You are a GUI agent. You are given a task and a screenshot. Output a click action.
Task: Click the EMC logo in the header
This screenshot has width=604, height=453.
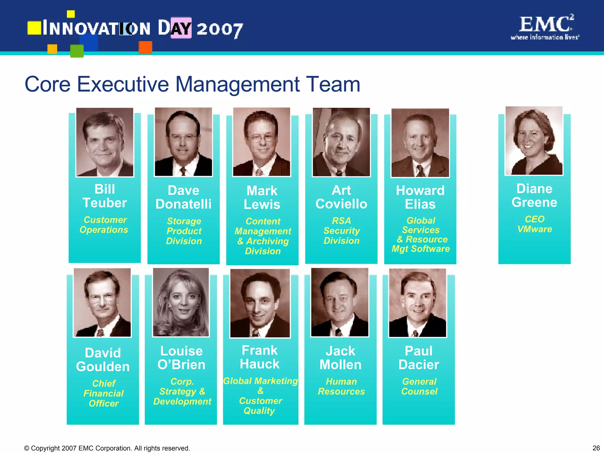[x=545, y=27]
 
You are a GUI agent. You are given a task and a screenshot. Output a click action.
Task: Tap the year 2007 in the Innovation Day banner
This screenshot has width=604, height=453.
[x=220, y=29]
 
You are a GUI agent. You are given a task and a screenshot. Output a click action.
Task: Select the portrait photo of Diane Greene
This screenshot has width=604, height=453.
[x=534, y=141]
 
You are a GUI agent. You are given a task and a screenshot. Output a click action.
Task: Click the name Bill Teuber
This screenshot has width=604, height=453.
[x=105, y=196]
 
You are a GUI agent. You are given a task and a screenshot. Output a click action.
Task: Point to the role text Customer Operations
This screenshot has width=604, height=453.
[x=104, y=225]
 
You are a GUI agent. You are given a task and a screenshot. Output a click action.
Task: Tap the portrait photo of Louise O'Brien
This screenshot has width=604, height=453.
[x=181, y=302]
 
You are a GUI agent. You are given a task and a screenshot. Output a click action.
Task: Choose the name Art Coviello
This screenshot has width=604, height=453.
[x=341, y=197]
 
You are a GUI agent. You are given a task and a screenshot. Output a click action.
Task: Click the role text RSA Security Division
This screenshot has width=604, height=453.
[x=342, y=231]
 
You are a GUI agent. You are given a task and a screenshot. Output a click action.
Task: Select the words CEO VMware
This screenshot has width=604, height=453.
[x=534, y=224]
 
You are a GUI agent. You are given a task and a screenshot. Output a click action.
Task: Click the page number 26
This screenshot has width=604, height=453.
[x=596, y=448]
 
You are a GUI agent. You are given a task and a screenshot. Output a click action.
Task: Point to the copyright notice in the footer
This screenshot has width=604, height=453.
[x=107, y=448]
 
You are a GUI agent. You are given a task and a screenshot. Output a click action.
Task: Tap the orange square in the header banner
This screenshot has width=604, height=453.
[x=145, y=47]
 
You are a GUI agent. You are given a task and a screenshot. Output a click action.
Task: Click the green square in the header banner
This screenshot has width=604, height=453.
[x=77, y=51]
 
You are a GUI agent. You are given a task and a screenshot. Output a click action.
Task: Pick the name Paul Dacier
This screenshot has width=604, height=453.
[x=418, y=358]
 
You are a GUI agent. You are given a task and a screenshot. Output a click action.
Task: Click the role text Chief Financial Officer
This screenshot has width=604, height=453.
[x=104, y=393]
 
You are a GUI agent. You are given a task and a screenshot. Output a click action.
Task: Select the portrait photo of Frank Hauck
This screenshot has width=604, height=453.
[x=260, y=303]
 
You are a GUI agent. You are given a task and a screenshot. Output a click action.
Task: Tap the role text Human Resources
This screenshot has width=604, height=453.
[x=341, y=386]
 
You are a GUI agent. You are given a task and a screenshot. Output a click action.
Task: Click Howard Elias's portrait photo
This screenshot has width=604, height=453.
[x=420, y=143]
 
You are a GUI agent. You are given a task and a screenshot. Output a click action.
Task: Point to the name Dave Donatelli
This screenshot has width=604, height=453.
[x=183, y=197]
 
